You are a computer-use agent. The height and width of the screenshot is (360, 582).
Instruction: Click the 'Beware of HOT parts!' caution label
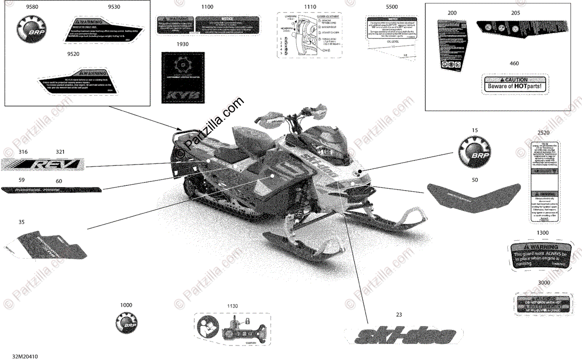pyautogui.click(x=514, y=83)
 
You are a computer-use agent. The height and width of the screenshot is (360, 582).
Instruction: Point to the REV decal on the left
pyautogui.click(x=44, y=165)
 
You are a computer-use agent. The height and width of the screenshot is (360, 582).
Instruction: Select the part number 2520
pyautogui.click(x=543, y=132)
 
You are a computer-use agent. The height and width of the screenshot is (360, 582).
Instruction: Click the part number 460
pyautogui.click(x=514, y=64)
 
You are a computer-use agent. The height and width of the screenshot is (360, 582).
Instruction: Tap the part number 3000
pyautogui.click(x=543, y=282)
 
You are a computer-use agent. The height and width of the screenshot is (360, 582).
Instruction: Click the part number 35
pyautogui.click(x=21, y=223)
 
